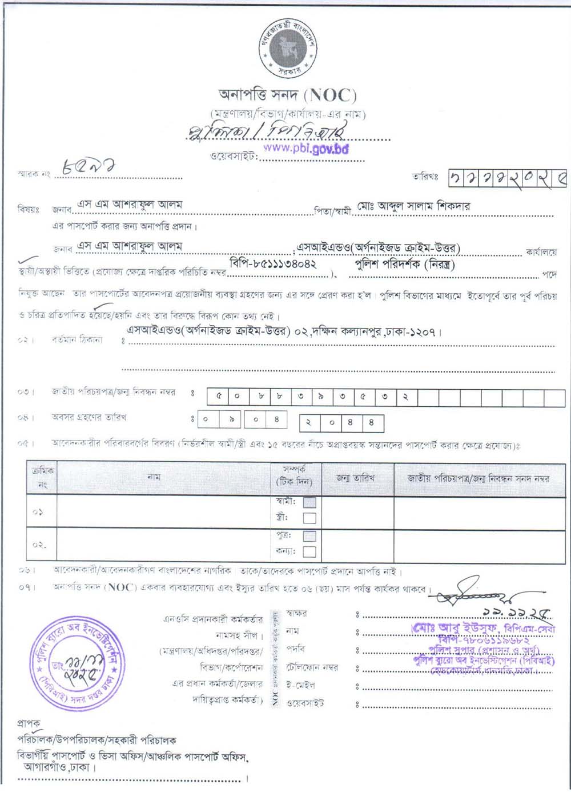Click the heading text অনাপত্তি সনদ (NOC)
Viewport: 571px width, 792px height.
tap(288, 94)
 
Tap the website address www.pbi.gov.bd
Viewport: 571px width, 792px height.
tap(306, 148)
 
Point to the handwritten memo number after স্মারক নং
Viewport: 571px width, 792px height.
tap(90, 167)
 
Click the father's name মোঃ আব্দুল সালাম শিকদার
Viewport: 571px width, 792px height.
tap(414, 206)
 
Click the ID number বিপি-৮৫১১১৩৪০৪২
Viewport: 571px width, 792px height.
tap(274, 264)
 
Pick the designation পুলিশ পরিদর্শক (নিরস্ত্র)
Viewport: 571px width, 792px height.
tap(405, 264)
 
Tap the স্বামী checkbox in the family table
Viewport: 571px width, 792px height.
tap(309, 502)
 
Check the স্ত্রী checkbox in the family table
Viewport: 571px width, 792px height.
tap(309, 518)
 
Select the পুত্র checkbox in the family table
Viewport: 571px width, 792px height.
tap(309, 536)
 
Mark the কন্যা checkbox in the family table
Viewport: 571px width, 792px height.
tap(309, 551)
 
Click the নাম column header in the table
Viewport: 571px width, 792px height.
tap(154, 477)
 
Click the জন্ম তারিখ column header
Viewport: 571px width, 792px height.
tap(356, 478)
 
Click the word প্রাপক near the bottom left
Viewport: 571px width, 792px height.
tap(29, 723)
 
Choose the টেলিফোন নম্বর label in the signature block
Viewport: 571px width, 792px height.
tap(312, 667)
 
